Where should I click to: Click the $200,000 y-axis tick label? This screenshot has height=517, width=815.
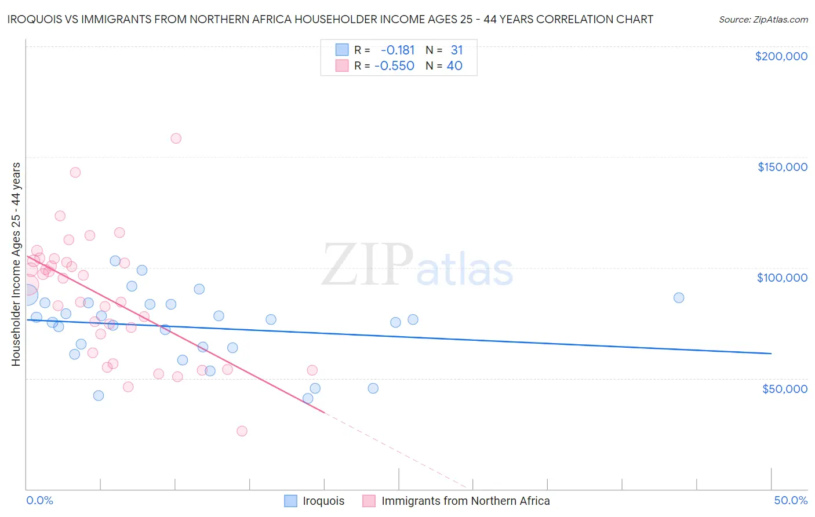click(781, 56)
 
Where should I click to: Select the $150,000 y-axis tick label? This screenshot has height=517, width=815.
click(782, 167)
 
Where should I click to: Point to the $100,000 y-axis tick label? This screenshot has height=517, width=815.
click(782, 278)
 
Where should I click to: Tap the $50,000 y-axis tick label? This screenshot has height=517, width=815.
click(784, 388)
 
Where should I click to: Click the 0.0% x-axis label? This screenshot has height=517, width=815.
click(39, 500)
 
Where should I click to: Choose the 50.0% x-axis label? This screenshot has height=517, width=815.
click(791, 500)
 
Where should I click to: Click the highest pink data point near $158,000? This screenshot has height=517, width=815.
click(176, 139)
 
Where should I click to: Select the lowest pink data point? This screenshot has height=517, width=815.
click(242, 431)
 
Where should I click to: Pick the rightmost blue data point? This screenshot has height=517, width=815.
click(679, 298)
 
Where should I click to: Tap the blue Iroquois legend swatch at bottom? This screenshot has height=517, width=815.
click(291, 501)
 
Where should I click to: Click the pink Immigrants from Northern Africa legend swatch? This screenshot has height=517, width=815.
click(369, 501)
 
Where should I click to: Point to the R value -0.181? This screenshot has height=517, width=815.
click(398, 50)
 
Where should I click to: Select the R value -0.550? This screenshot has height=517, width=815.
click(394, 66)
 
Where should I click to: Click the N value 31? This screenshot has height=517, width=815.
click(457, 50)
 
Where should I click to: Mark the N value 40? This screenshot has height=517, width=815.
click(454, 66)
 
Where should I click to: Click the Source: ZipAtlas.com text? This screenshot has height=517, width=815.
click(763, 20)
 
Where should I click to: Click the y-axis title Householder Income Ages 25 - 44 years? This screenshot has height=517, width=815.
click(16, 264)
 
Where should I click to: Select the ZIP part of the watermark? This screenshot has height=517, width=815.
click(368, 264)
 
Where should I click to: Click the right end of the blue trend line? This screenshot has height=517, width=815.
click(771, 353)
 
